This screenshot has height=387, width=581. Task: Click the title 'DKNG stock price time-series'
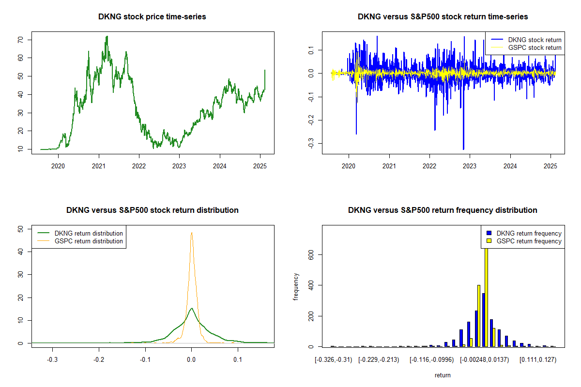tap(152, 17)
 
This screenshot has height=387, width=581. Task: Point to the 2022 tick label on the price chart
tap(139, 165)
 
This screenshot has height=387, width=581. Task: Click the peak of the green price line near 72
tap(107, 36)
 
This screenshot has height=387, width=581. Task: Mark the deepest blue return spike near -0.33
tap(463, 149)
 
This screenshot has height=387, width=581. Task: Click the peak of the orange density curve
tap(192, 233)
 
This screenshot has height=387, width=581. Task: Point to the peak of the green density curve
tap(192, 308)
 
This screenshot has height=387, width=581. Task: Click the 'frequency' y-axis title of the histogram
tap(296, 286)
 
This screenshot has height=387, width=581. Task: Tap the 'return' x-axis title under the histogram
tap(443, 375)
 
